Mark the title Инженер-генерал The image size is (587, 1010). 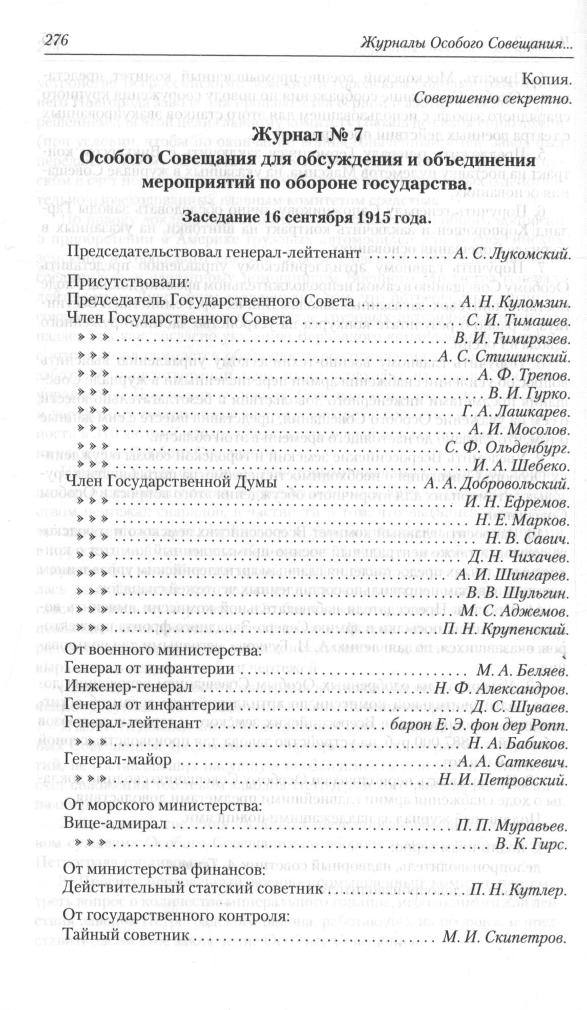pos(129,689)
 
